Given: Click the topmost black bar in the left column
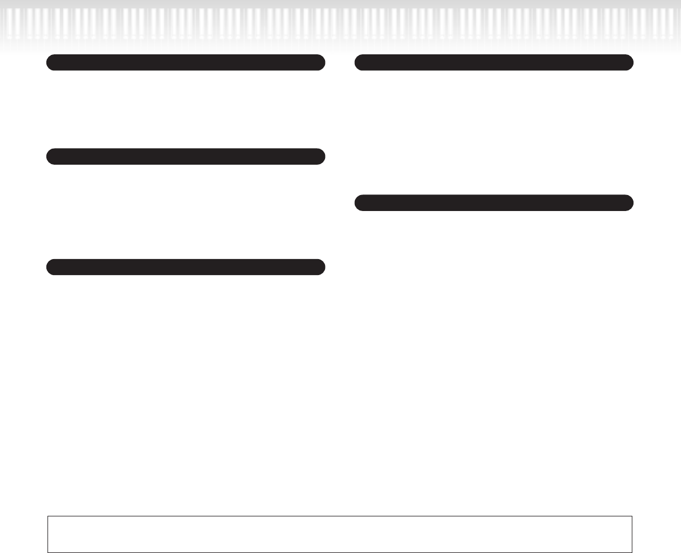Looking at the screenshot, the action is click(x=185, y=62).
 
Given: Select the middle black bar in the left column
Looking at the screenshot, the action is click(x=185, y=156).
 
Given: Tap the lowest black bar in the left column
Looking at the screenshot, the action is click(x=185, y=267).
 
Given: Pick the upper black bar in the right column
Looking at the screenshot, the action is click(x=494, y=62).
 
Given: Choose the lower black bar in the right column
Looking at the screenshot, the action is click(x=494, y=203).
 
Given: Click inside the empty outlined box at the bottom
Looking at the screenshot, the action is click(x=339, y=534).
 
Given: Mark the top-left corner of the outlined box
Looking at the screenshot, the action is click(x=47, y=516).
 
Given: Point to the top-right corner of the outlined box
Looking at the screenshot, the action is click(x=632, y=516).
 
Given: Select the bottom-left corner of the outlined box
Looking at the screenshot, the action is click(x=47, y=552).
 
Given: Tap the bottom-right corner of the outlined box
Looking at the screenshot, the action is click(x=632, y=552).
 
